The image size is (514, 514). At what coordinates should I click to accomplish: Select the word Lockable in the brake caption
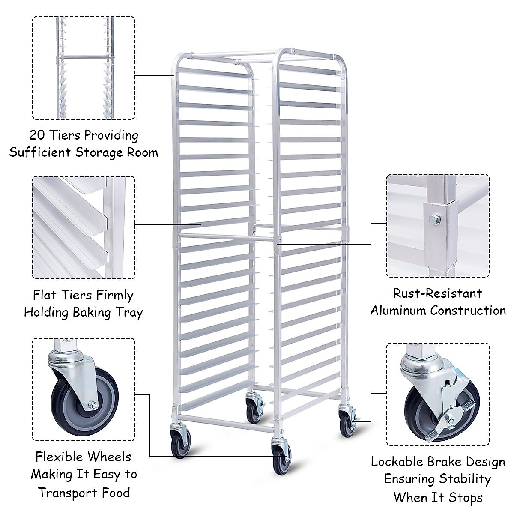(x=397, y=462)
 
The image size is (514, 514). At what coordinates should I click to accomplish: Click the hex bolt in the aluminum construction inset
(x=434, y=220)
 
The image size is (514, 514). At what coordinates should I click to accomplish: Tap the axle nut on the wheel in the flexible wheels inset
(x=93, y=405)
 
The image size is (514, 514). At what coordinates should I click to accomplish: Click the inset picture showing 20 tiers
(x=84, y=68)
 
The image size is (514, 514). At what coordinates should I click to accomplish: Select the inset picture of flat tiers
(x=84, y=227)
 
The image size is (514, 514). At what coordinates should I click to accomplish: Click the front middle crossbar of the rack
(x=225, y=236)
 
